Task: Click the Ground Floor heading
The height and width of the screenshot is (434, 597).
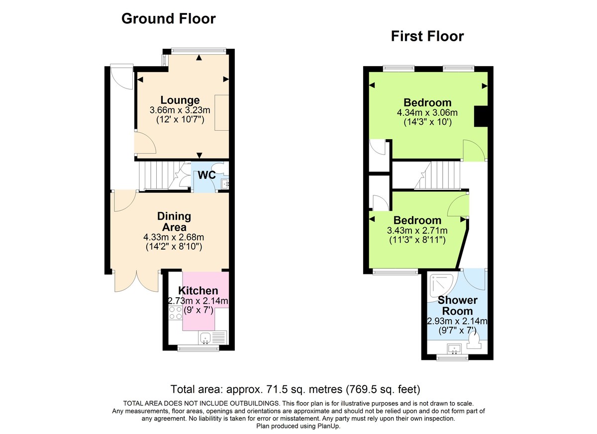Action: pos(168,19)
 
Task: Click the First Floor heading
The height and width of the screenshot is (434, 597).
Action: pos(427,36)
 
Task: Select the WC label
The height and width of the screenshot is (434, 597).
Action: pos(206,175)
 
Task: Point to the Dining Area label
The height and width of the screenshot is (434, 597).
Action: pos(174,222)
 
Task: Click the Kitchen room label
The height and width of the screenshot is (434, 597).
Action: pos(198,291)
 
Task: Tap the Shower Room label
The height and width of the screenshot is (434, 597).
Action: pos(457,306)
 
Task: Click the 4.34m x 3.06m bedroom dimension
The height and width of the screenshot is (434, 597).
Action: pos(427,113)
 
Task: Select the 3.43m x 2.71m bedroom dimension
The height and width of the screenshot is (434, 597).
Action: pos(417,230)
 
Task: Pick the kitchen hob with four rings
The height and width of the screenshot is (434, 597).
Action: pos(176,313)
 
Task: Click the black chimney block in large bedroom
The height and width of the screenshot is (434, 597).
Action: pos(481,117)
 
